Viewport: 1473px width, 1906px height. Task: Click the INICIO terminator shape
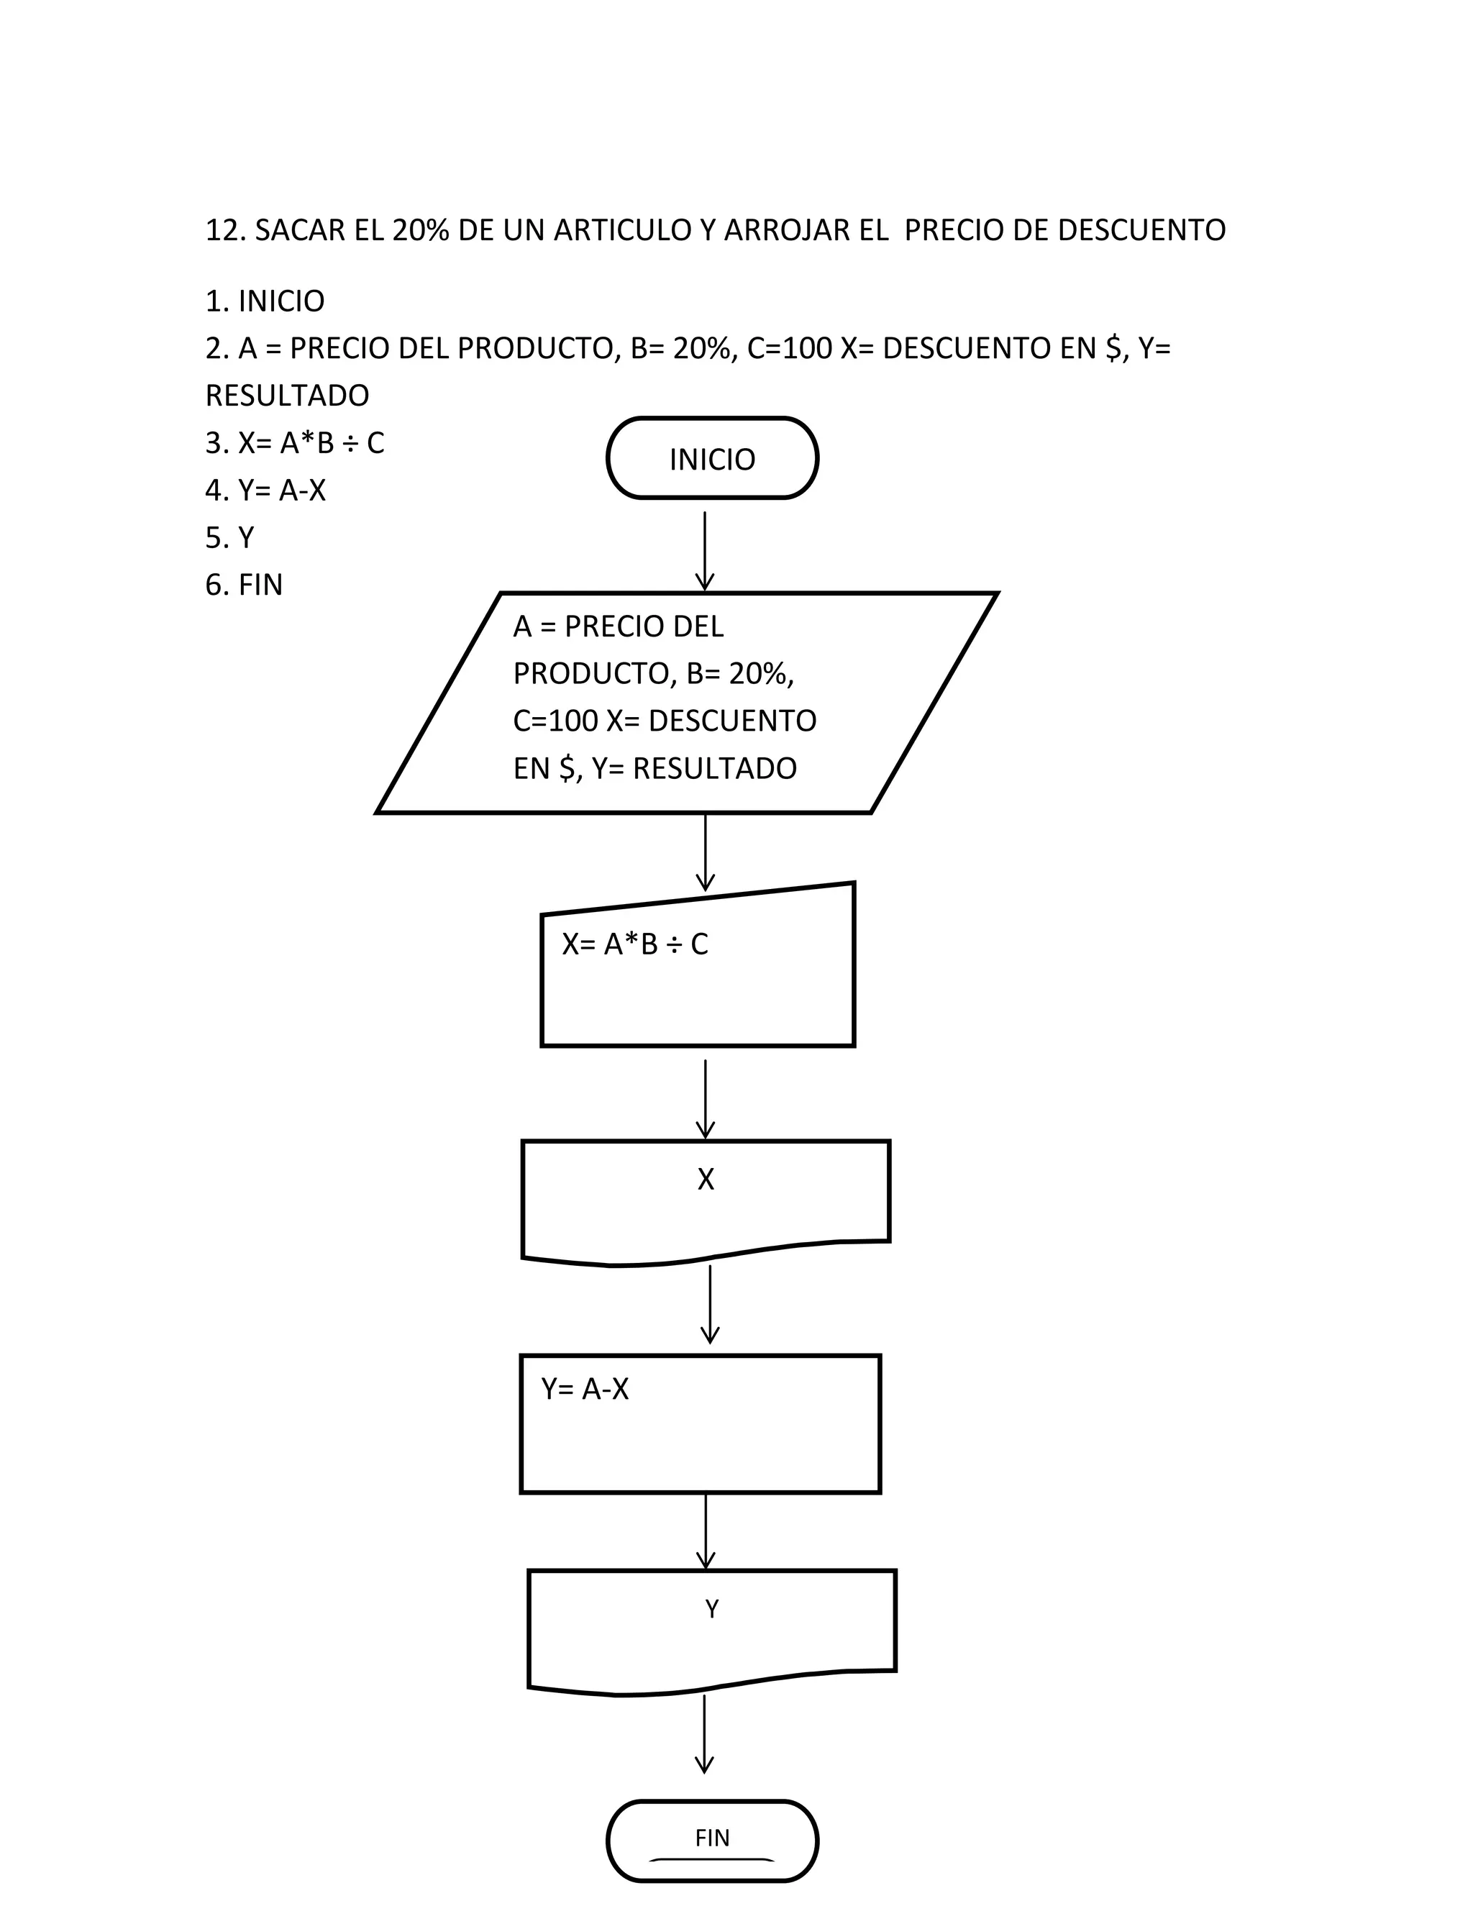(712, 458)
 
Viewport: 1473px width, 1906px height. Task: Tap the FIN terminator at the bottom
(712, 1840)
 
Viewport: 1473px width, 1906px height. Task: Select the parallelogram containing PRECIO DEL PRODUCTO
(687, 703)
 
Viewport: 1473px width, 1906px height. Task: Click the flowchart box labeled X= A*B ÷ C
(697, 969)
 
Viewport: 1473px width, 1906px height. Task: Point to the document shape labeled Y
(712, 1629)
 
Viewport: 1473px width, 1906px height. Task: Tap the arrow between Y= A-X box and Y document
(705, 1531)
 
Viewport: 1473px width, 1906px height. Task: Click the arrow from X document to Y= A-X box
(711, 1304)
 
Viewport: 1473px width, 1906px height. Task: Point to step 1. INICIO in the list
(265, 301)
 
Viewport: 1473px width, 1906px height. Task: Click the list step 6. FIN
(245, 585)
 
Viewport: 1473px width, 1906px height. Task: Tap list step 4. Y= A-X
(265, 491)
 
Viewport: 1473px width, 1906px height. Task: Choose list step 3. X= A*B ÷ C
(295, 443)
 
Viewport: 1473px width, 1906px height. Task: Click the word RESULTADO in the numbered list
(287, 396)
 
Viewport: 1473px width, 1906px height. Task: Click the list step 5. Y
(229, 537)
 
